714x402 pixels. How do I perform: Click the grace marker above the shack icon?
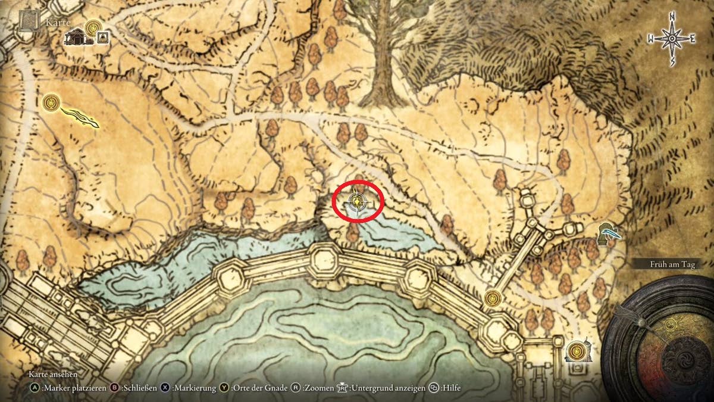click(93, 27)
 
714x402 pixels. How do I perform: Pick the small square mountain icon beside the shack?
click(104, 38)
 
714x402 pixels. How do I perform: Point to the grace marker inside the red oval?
click(356, 202)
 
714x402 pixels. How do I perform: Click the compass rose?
click(672, 39)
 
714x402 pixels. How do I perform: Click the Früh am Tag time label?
click(672, 264)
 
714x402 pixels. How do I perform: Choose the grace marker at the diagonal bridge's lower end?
click(492, 298)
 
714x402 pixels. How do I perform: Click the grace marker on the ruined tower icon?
click(576, 351)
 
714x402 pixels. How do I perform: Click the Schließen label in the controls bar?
click(139, 388)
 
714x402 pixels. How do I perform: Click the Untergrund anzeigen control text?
click(388, 388)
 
